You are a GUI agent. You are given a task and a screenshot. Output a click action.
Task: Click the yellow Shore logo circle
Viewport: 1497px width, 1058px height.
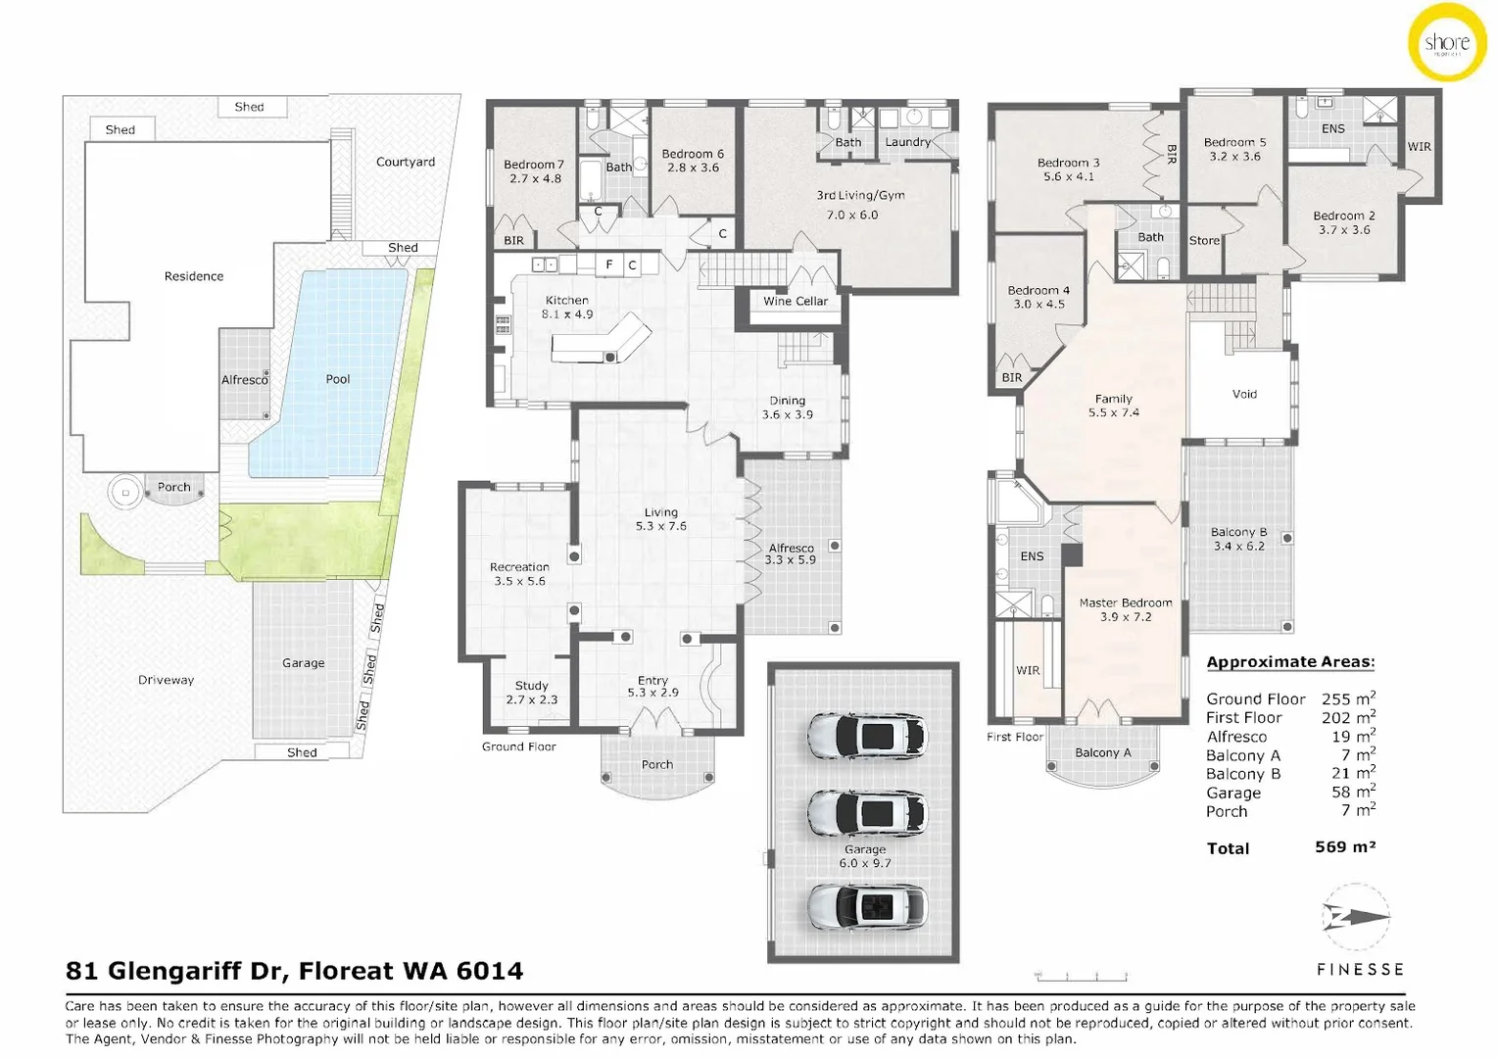point(1447,43)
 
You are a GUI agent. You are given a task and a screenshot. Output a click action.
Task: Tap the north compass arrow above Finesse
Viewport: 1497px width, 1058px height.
point(1356,918)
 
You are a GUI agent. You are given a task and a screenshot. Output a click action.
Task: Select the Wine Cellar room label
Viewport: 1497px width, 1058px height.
point(795,302)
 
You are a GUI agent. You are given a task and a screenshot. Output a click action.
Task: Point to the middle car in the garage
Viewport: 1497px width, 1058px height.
point(866,812)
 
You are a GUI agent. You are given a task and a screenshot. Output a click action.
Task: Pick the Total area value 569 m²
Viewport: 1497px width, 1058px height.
point(1344,847)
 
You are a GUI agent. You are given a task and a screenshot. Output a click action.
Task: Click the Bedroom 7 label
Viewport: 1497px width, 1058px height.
point(534,165)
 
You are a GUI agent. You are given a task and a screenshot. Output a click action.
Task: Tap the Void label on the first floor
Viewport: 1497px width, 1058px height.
point(1244,394)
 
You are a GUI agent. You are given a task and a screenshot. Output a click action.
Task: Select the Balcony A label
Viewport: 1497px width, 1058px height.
point(1102,752)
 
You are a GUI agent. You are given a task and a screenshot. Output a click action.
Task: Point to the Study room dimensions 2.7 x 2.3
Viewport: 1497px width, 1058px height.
point(531,699)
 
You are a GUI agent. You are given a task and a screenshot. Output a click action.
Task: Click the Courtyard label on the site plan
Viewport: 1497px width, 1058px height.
point(405,162)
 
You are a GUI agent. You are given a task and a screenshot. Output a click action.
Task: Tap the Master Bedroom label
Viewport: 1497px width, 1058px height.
point(1126,602)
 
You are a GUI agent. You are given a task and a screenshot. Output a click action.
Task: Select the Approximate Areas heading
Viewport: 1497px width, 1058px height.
point(1289,662)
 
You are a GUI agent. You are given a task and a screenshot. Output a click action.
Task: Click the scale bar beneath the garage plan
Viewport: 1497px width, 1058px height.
point(1082,976)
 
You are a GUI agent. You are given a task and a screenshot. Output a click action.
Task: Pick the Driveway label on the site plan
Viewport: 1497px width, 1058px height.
point(166,680)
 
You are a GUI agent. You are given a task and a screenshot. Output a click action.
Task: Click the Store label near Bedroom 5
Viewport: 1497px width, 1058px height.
point(1204,241)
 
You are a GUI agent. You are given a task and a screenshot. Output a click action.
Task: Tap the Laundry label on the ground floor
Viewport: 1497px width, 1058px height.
point(907,142)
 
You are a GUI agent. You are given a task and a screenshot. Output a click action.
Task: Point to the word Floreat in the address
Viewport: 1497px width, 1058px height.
point(344,971)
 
